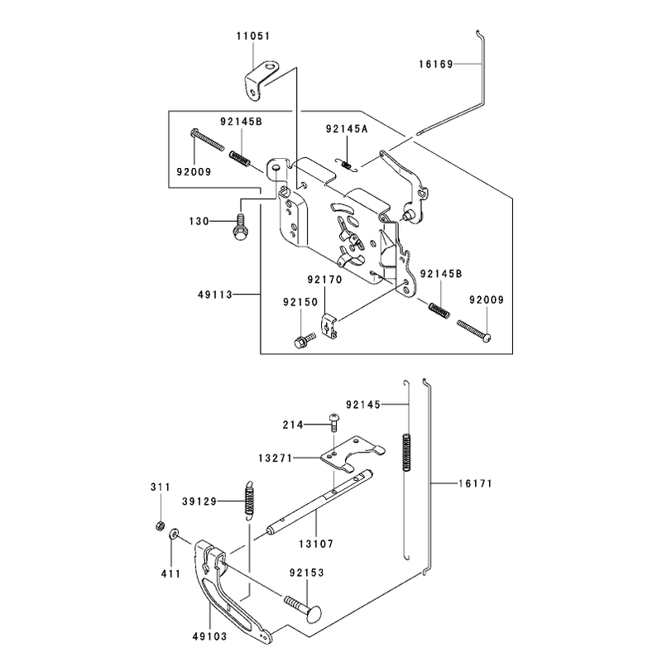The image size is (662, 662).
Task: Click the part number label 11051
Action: click(253, 36)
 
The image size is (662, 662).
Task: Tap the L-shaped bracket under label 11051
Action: click(261, 80)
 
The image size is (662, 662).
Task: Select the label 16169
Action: click(436, 65)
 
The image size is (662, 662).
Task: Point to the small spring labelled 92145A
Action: click(347, 165)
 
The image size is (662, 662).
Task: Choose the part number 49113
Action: click(215, 295)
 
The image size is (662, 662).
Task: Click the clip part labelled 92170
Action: click(329, 324)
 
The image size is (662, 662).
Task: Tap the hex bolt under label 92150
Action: click(305, 340)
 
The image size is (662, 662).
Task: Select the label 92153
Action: click(307, 573)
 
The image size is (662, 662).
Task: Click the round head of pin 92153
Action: click(314, 614)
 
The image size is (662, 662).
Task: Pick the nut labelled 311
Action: click(160, 525)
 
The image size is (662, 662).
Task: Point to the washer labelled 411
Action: click(174, 535)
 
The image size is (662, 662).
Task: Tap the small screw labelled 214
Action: click(334, 422)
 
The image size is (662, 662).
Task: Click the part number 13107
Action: click(316, 544)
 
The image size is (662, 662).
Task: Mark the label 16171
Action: click(475, 483)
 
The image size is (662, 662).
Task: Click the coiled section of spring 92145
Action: click(406, 453)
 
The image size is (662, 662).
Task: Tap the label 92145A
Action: click(347, 129)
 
